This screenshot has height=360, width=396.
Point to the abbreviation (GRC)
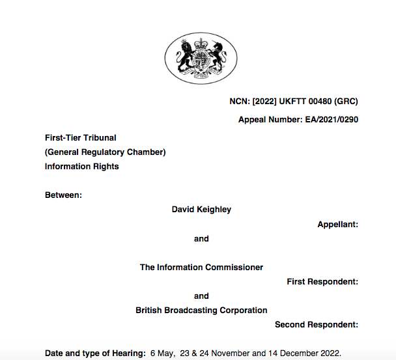coord(345,101)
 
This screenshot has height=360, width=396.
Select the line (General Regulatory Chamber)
coord(105,152)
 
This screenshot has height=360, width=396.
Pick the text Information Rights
coord(81,167)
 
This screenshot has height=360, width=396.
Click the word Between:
coord(63,195)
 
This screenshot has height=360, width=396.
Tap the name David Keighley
coord(201,210)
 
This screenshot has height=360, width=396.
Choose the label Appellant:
coord(337,225)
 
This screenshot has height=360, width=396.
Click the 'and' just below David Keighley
coord(201,239)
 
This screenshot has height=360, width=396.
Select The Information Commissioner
coord(201,268)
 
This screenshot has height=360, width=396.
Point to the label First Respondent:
coord(322,282)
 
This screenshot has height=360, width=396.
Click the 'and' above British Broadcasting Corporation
coord(201,296)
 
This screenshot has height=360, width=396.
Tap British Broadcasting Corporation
coord(201,311)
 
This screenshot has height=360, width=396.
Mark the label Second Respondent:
coord(317,325)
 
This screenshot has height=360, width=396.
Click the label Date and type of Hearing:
coord(95,353)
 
